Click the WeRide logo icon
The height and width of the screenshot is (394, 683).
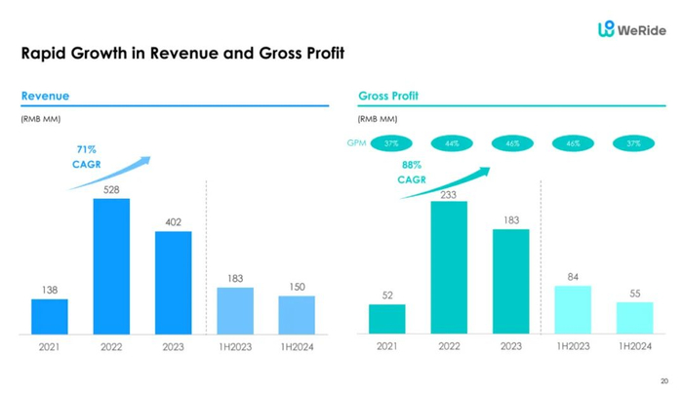click(606, 30)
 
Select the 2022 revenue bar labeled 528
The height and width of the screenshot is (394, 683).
click(111, 265)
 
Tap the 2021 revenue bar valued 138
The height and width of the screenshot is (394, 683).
click(49, 316)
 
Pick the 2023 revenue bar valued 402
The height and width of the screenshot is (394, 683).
click(173, 282)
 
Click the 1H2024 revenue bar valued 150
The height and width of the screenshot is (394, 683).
click(297, 314)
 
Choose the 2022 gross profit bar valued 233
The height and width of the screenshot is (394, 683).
click(449, 267)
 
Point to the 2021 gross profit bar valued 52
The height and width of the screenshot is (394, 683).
click(386, 319)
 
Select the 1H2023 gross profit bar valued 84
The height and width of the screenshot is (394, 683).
click(573, 309)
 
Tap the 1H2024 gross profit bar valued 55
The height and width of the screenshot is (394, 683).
click(634, 317)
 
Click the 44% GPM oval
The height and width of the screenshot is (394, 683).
click(451, 143)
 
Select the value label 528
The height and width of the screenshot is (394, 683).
click(111, 189)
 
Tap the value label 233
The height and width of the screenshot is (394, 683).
click(449, 195)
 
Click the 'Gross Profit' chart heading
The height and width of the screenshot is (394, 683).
click(387, 97)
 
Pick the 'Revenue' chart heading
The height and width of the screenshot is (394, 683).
click(45, 97)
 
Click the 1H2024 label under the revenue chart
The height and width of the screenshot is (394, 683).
click(297, 346)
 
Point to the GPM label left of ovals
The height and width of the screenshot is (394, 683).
click(355, 143)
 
